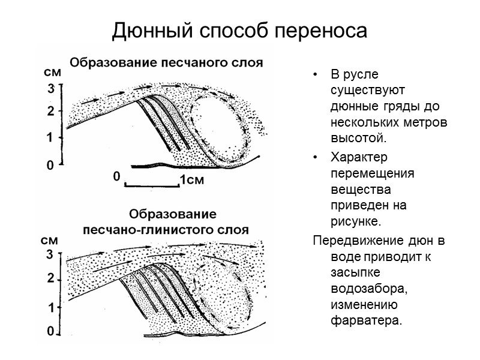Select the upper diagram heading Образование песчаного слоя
(167, 62)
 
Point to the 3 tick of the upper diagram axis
(52, 88)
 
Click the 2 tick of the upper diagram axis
(52, 111)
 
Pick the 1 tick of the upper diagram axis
(52, 137)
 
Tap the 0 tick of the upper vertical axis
(52, 164)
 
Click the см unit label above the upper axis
(53, 72)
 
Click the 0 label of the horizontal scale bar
(117, 177)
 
